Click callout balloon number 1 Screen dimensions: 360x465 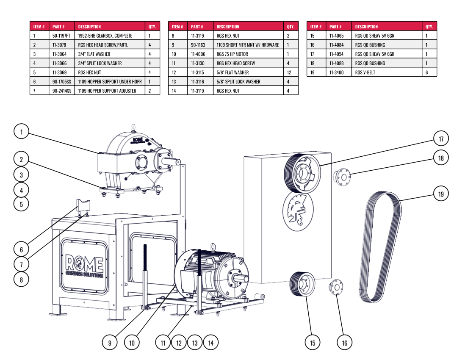click(21, 132)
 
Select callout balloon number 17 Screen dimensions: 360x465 click(441, 138)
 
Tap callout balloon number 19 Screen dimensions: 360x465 click(441, 194)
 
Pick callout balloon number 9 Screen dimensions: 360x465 click(110, 343)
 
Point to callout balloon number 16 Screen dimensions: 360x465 click(344, 343)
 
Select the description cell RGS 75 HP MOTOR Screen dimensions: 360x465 click(232, 54)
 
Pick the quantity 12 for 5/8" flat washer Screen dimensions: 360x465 click(289, 72)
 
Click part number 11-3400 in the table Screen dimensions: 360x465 click(336, 72)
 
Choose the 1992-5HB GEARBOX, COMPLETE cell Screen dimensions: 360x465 click(105, 36)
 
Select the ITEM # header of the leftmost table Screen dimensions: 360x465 click(39, 27)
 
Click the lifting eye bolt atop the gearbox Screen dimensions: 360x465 click(133, 127)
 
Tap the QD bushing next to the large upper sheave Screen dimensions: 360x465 click(340, 176)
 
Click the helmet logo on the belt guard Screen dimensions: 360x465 click(298, 210)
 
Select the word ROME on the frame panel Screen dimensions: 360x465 click(84, 265)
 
